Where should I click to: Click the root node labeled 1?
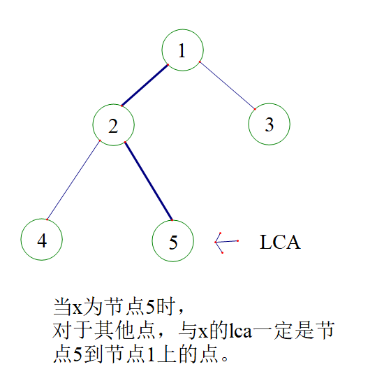tap(182, 50)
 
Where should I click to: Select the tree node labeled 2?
tap(113, 125)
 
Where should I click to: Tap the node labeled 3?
tap(269, 124)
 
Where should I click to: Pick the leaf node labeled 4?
tap(42, 240)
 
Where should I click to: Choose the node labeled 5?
tap(173, 241)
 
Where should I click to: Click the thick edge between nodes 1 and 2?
tap(145, 85)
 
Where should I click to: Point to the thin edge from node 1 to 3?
tap(227, 85)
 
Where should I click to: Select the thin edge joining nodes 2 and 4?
tap(73, 180)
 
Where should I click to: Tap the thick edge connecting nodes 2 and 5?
tap(149, 181)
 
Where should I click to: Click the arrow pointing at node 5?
tap(226, 242)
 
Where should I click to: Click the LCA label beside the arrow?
tap(280, 242)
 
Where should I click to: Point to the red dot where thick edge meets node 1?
tap(168, 65)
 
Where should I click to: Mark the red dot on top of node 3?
tap(255, 109)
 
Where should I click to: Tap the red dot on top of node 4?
tap(47, 219)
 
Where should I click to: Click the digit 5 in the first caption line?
tap(150, 307)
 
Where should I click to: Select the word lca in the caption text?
tap(240, 331)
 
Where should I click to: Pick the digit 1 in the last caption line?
tap(151, 354)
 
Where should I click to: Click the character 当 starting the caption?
tap(62, 307)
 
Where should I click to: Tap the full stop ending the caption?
tap(224, 359)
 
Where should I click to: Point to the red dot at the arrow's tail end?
tap(238, 241)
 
